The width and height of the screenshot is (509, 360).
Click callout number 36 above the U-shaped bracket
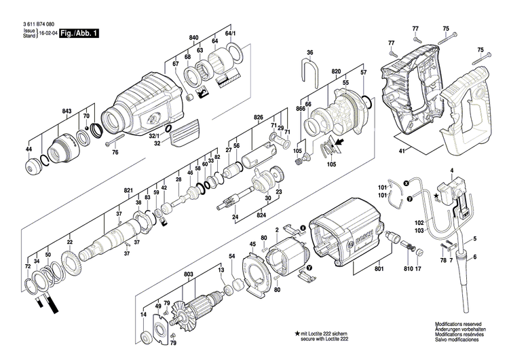coord(309,52)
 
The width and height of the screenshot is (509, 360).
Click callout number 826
coord(258,118)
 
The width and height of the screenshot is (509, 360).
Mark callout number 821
coord(128,192)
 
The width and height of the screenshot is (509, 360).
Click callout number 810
coord(407,269)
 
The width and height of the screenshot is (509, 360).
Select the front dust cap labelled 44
coord(31,167)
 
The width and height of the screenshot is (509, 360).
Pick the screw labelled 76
coord(113,142)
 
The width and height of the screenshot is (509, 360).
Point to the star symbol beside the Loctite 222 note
coord(297,334)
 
